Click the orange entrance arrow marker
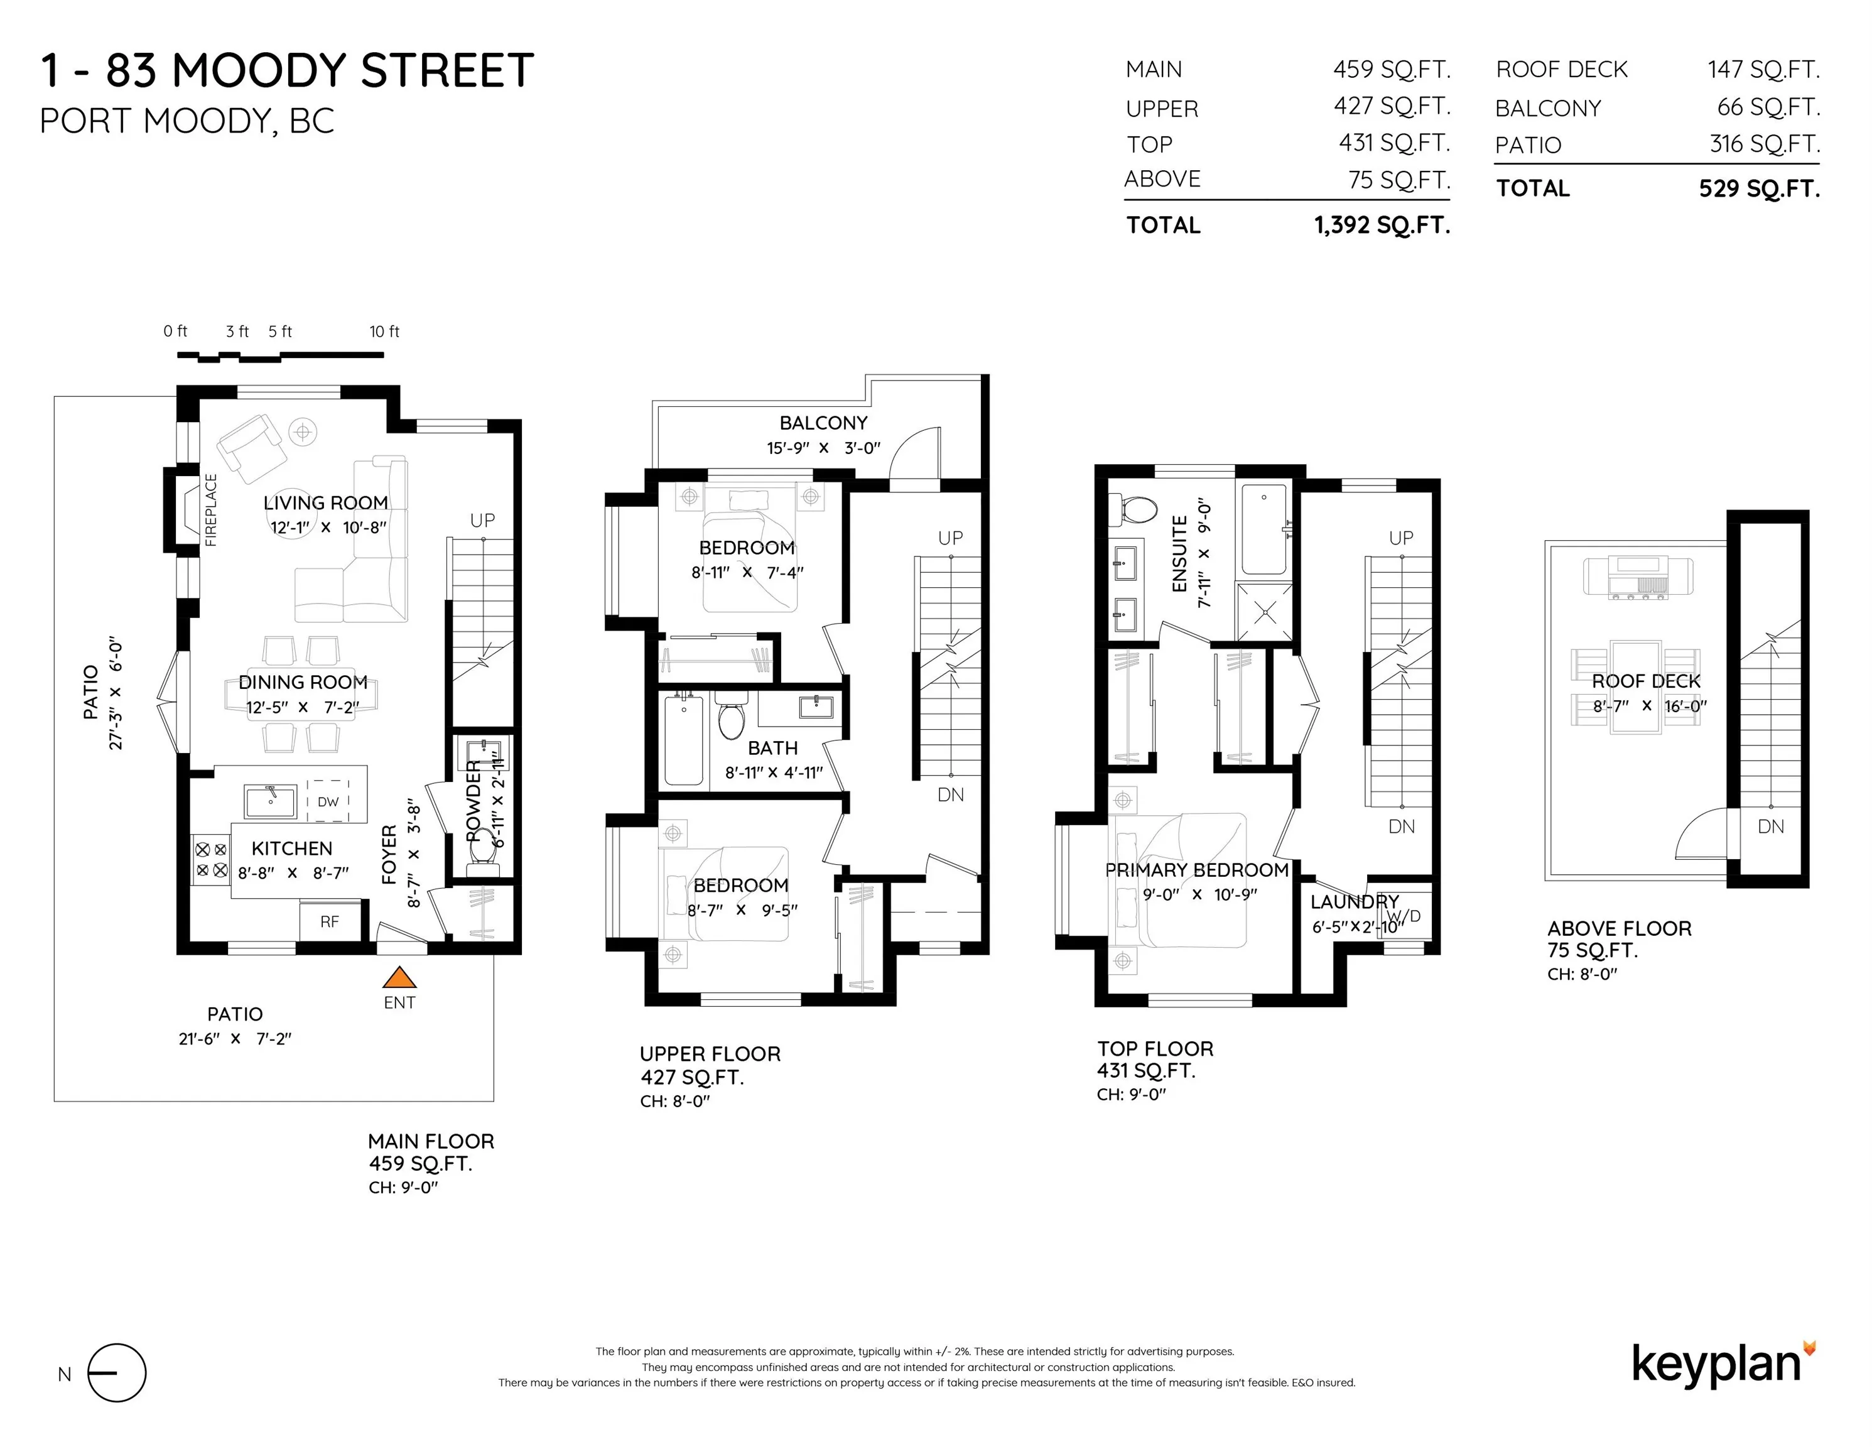click(399, 977)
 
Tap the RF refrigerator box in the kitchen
click(330, 921)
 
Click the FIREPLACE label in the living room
click(211, 510)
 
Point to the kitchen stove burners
click(211, 860)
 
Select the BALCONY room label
click(823, 423)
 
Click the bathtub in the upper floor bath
click(684, 740)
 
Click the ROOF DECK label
click(1646, 681)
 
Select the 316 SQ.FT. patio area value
click(1765, 144)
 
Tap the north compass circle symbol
click(117, 1372)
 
